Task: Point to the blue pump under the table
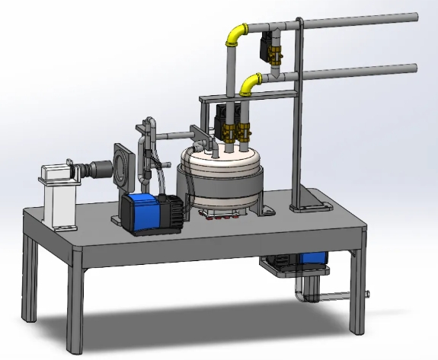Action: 313,258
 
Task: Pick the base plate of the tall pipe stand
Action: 311,203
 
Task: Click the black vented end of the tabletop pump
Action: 174,209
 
